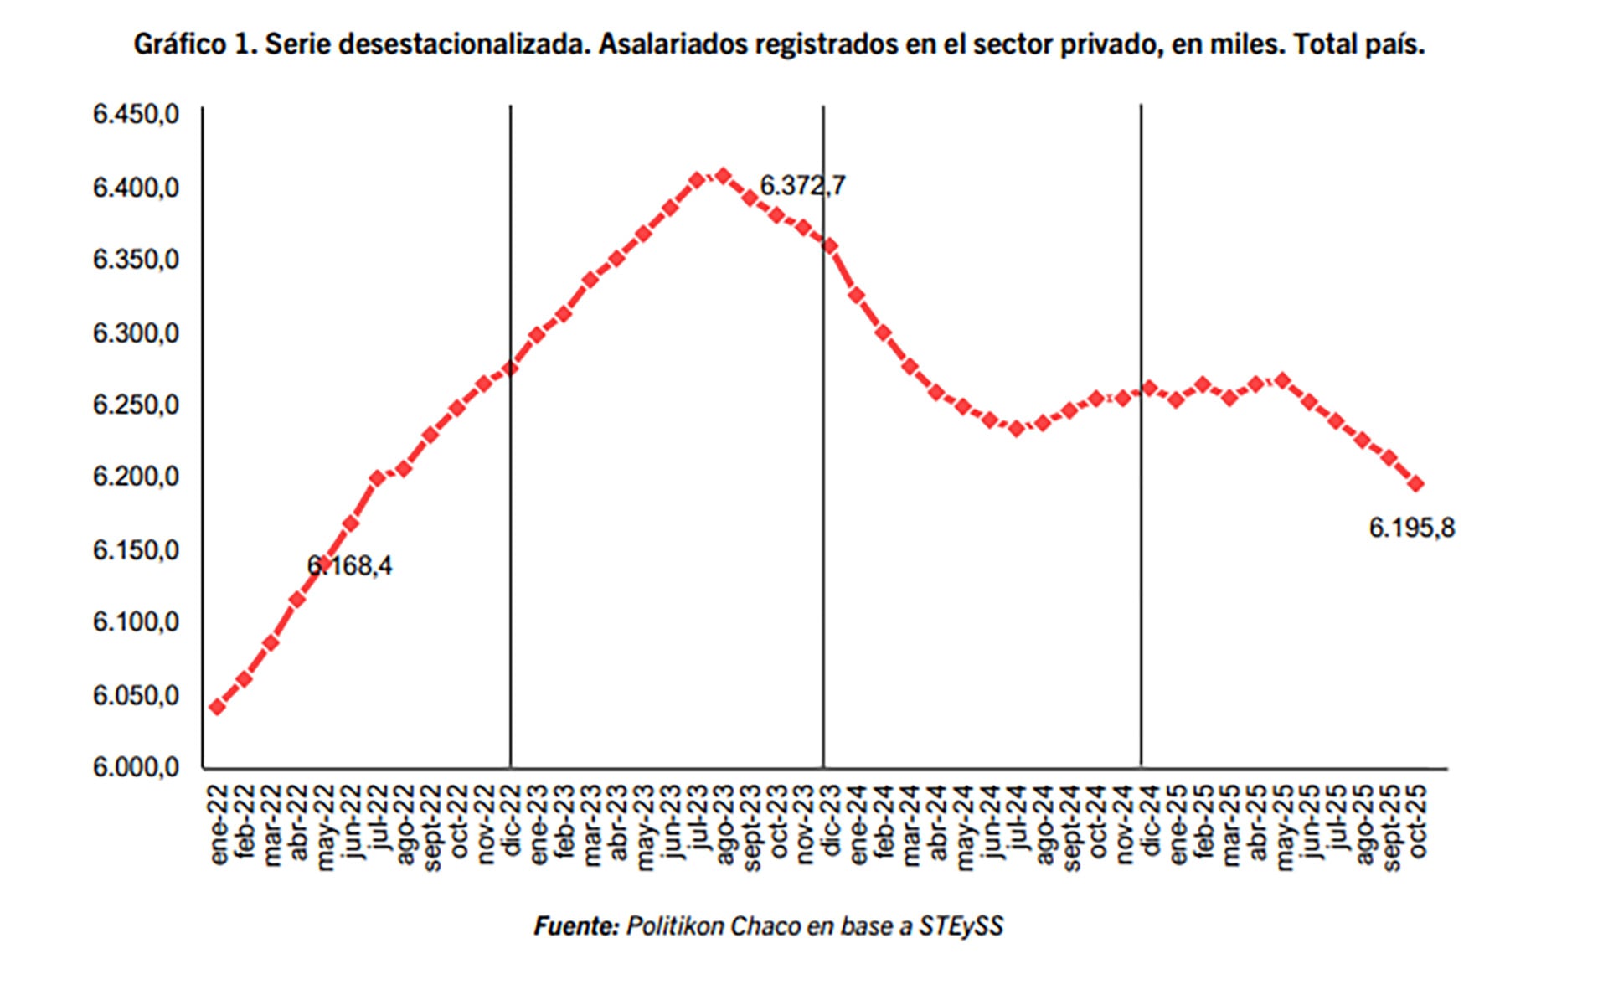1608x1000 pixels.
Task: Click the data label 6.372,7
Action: pyautogui.click(x=801, y=185)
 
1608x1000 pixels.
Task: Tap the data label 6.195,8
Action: pyautogui.click(x=1411, y=528)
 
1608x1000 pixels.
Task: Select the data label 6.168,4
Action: pyautogui.click(x=349, y=566)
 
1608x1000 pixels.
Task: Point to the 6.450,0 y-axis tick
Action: pyautogui.click(x=136, y=115)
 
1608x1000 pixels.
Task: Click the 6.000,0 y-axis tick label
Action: pyautogui.click(x=136, y=767)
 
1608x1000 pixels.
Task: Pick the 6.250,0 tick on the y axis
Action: pyautogui.click(x=136, y=405)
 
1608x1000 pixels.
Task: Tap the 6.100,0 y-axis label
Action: pyautogui.click(x=136, y=622)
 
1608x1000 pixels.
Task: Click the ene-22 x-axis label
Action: pyautogui.click(x=219, y=825)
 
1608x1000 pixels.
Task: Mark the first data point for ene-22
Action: pyautogui.click(x=218, y=707)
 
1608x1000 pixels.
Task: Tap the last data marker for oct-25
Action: pyautogui.click(x=1416, y=484)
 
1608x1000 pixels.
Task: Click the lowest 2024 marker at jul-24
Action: pyautogui.click(x=1017, y=429)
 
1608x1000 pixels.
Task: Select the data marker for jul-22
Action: pyautogui.click(x=377, y=478)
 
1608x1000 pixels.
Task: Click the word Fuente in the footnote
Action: pyautogui.click(x=576, y=926)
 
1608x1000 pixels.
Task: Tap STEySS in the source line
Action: pyautogui.click(x=961, y=926)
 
